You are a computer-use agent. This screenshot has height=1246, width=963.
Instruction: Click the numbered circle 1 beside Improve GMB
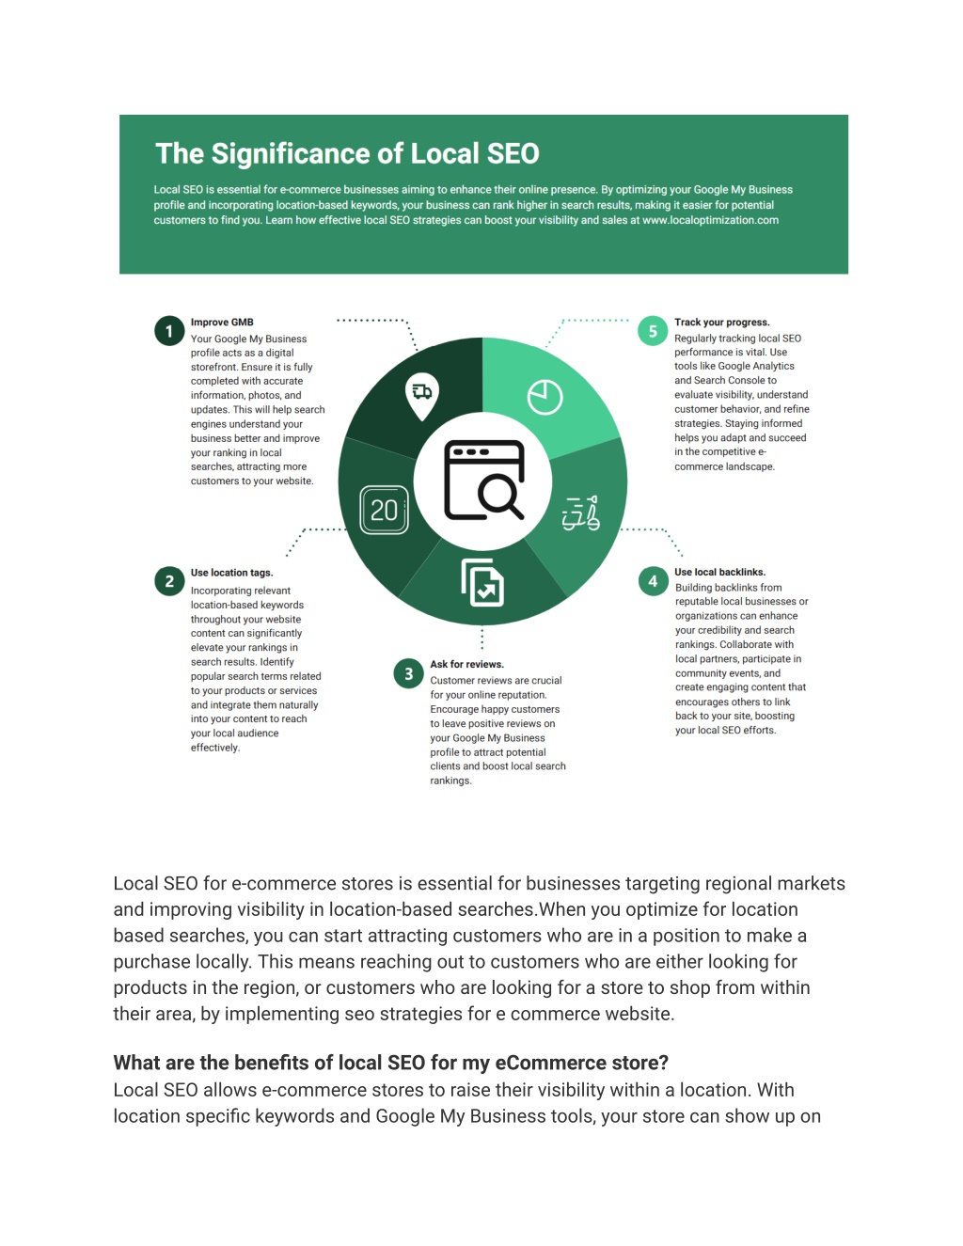169,331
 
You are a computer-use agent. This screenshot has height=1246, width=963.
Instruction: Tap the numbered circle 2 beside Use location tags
169,581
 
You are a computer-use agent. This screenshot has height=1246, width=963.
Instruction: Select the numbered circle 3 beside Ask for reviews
409,673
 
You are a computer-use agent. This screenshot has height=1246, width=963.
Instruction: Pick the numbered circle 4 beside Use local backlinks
653,581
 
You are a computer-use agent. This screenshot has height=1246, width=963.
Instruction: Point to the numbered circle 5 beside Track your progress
653,331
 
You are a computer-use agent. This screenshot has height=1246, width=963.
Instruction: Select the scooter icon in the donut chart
581,513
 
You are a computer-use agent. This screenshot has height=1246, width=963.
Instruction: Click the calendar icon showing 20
384,510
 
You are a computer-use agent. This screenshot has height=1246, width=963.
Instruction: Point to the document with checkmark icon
482,583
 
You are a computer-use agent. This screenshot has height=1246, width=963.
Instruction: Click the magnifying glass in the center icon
500,496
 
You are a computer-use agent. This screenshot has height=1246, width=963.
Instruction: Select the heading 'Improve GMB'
222,323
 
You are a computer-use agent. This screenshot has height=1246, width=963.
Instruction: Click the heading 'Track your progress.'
721,323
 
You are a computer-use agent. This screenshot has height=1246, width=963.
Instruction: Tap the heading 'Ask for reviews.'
466,665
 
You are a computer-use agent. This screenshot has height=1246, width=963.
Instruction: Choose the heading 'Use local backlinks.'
719,573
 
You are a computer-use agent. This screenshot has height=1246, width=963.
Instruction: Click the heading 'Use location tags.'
231,573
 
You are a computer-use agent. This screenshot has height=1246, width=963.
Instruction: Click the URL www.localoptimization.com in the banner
710,220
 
